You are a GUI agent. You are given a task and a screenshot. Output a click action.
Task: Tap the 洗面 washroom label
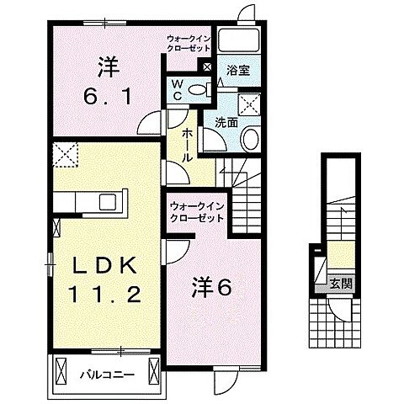click(226, 122)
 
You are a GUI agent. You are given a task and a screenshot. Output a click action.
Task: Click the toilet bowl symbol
click(199, 89)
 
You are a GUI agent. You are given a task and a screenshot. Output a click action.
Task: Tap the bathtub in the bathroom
click(238, 41)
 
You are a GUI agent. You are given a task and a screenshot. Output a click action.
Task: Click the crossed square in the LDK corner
click(66, 154)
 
